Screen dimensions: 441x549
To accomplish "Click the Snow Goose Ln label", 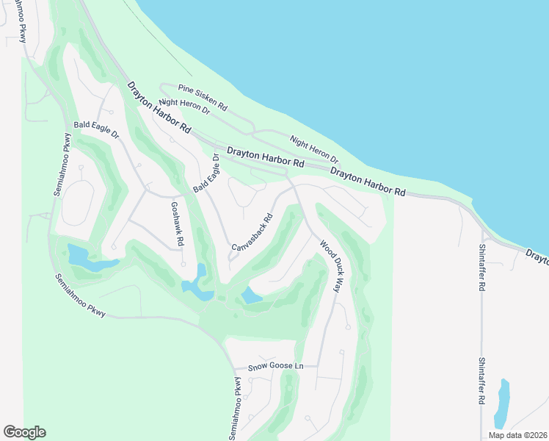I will (x=275, y=366).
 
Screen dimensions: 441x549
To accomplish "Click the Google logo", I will (x=24, y=432).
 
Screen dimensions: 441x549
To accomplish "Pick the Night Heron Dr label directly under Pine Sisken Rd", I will (x=184, y=108).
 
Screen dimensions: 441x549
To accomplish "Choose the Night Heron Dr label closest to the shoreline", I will (x=313, y=149).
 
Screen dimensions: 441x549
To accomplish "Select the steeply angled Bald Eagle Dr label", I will (x=206, y=173).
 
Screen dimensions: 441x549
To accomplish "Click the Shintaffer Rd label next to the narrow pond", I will (x=482, y=381).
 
